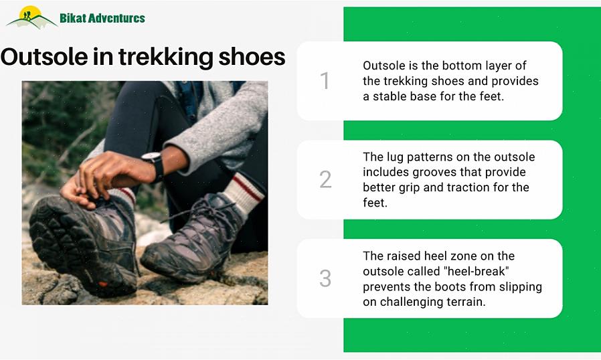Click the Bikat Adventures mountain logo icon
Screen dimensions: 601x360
click(31, 17)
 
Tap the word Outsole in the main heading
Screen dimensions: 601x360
click(44, 57)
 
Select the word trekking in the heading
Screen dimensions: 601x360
click(165, 58)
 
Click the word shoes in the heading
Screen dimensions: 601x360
click(252, 57)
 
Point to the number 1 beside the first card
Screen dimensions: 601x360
click(325, 81)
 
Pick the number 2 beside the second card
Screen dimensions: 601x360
click(325, 179)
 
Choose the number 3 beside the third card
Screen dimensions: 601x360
click(325, 278)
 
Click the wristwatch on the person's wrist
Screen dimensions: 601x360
click(155, 165)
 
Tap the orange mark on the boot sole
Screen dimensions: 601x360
click(103, 284)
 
